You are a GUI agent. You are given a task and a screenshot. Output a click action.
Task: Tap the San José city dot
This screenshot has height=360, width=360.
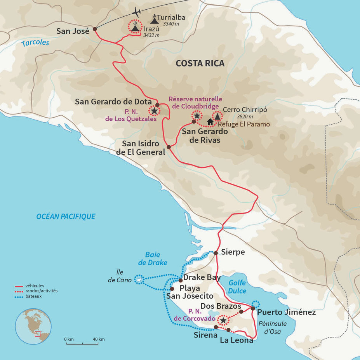[95, 29]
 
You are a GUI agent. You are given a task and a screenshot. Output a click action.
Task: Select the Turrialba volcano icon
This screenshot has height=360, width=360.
[154, 19]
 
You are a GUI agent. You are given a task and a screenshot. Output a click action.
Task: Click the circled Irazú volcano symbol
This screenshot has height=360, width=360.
[134, 27]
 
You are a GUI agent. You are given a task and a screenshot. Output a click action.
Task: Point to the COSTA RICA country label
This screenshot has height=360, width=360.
[200, 63]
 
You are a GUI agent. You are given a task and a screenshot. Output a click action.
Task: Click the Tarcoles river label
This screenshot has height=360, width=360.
[35, 42]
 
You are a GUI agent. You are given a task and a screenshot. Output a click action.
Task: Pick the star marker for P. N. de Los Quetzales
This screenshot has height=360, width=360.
[154, 111]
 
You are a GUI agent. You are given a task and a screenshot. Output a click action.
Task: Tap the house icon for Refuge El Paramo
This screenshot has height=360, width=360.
[210, 122]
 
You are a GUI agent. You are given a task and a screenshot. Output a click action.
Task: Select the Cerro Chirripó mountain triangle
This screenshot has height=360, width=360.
[217, 116]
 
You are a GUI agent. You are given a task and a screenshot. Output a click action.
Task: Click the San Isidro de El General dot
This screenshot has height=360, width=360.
[169, 147]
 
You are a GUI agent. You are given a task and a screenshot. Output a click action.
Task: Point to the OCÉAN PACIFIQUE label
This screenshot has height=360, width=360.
[66, 217]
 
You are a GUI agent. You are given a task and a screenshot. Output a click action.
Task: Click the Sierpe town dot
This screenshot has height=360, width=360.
[216, 253]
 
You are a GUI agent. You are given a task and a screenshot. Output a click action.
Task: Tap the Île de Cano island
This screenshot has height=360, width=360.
[138, 279]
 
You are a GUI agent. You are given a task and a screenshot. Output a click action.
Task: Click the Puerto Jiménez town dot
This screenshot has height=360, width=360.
[253, 308]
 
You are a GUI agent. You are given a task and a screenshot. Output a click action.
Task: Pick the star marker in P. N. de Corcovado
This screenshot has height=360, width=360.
[223, 320]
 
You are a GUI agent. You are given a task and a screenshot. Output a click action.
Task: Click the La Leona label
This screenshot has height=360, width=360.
[236, 341]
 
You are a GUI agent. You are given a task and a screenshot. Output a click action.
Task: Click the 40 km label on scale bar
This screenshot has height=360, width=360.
[99, 339]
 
